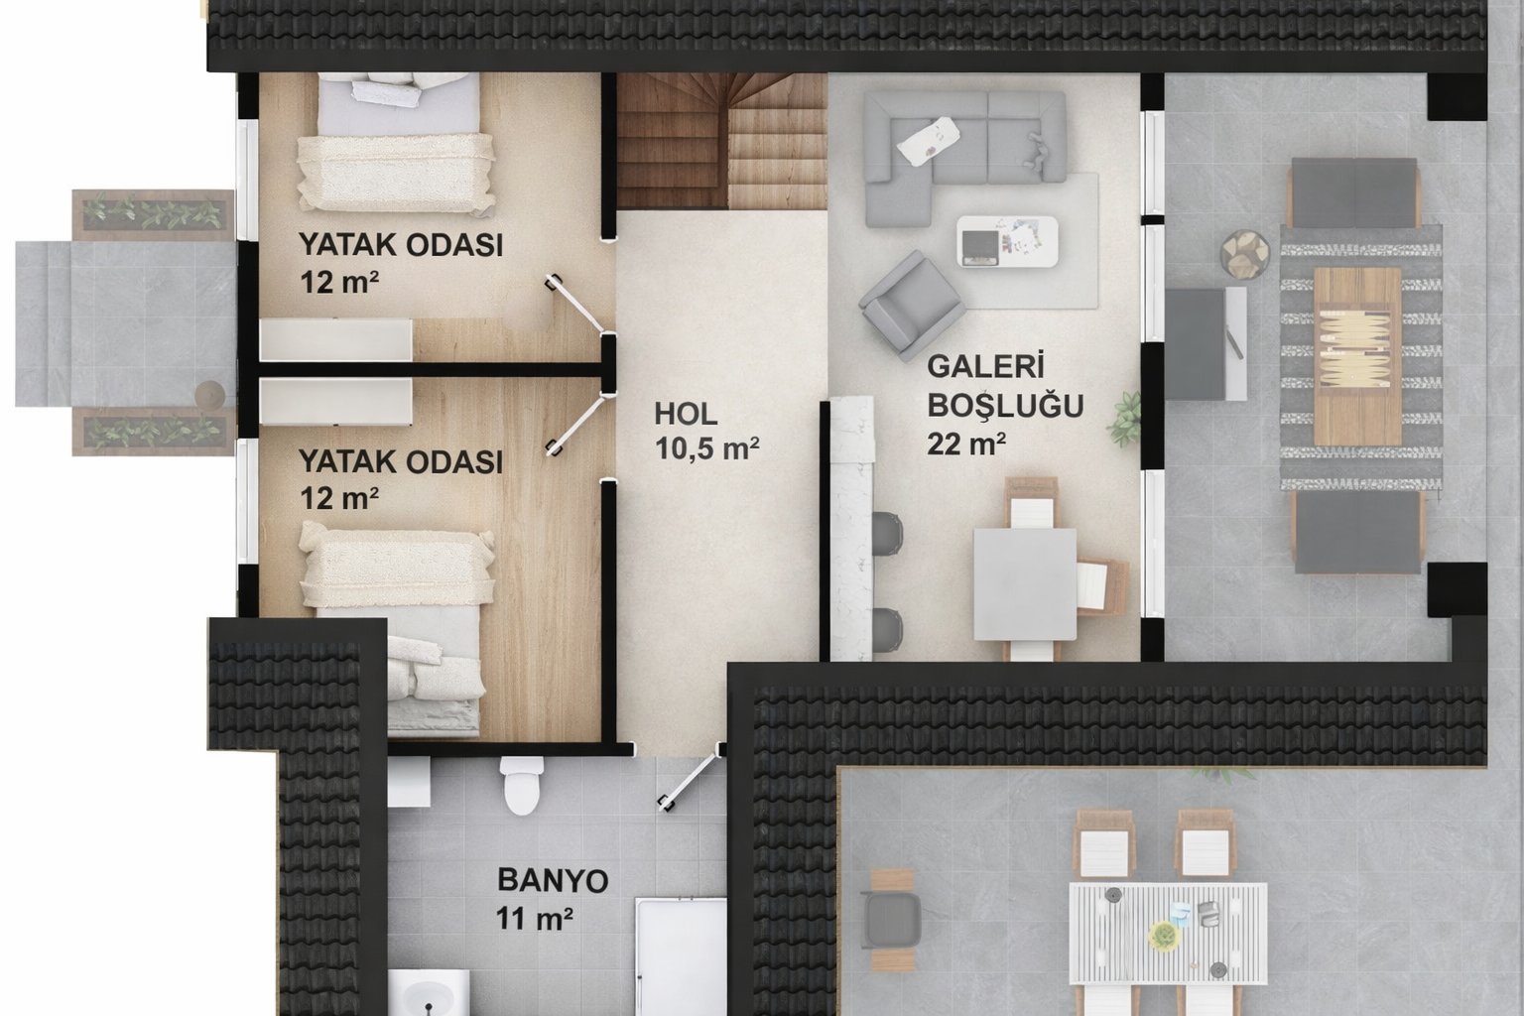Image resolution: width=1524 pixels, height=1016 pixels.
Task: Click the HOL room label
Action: [685, 413]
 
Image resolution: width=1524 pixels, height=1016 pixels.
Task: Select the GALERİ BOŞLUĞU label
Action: [1004, 386]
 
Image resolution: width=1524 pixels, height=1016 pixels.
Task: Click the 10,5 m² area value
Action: [706, 448]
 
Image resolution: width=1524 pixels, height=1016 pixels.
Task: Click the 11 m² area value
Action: [535, 919]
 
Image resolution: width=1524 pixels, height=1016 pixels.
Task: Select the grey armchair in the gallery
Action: [909, 304]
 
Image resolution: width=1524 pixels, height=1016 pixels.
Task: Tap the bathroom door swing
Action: [689, 784]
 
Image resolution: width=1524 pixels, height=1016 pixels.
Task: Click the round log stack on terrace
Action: [1240, 256]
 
